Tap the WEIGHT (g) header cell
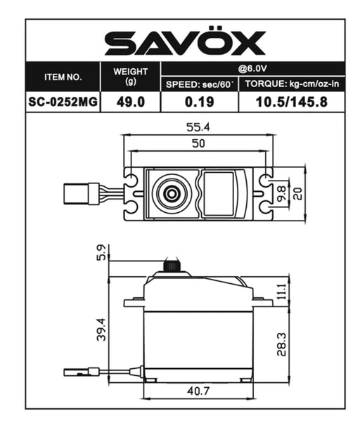pos(130,76)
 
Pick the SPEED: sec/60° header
pos(199,84)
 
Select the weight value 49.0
pos(130,102)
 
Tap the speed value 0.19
pos(199,102)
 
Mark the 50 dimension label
pos(198,144)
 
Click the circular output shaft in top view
pos(171,192)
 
